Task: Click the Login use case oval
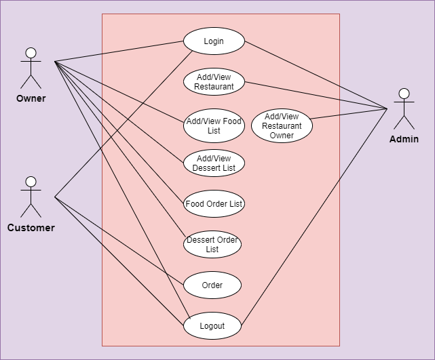click(214, 41)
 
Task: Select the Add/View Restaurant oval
click(214, 82)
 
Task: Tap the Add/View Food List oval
click(214, 126)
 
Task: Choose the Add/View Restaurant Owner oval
click(282, 126)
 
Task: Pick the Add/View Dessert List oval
click(214, 163)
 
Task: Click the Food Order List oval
click(214, 203)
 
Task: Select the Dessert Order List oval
click(212, 245)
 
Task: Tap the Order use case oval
click(212, 285)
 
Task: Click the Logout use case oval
click(212, 326)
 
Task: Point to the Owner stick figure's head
click(31, 53)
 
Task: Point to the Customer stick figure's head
click(31, 182)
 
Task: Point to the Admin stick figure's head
click(404, 94)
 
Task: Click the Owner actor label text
click(31, 98)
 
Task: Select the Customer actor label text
click(31, 228)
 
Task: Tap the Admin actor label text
click(404, 139)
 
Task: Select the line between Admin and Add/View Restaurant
click(316, 96)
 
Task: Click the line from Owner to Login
click(119, 52)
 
